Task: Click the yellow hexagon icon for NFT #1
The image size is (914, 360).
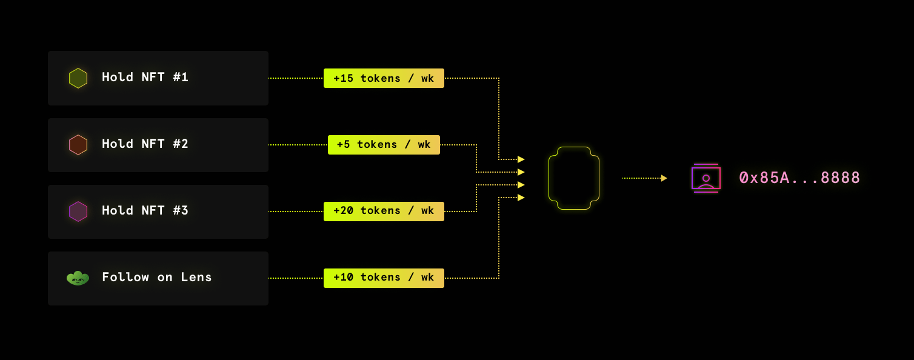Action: pos(78,78)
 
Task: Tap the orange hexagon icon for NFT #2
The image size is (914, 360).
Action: pos(78,145)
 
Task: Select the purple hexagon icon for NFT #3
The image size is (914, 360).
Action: pos(78,212)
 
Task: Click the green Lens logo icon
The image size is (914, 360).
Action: pos(78,278)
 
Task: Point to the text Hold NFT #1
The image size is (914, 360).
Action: pos(145,78)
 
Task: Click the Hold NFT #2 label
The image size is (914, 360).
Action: pos(145,144)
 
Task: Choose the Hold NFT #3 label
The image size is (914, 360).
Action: pos(145,211)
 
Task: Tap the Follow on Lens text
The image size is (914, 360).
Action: pos(156,278)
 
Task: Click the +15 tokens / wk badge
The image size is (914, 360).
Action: pos(384,78)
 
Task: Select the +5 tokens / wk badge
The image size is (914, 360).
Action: pos(384,145)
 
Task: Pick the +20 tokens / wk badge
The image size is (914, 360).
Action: pos(384,212)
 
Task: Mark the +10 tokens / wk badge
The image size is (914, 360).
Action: pos(384,278)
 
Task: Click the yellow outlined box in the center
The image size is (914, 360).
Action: pos(574,178)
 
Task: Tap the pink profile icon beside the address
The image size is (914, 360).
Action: pos(706,178)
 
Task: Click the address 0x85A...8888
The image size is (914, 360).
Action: pos(799,178)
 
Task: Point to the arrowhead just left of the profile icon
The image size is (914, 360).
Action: pos(664,178)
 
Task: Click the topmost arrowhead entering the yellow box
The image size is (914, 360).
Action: pos(521,159)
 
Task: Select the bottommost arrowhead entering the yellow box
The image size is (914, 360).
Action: pos(521,198)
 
